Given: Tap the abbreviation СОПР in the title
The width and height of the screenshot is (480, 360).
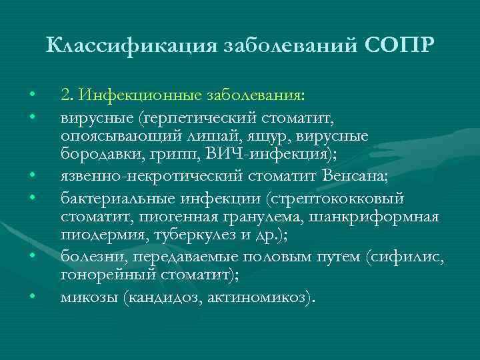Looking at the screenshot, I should pyautogui.click(x=399, y=46).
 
